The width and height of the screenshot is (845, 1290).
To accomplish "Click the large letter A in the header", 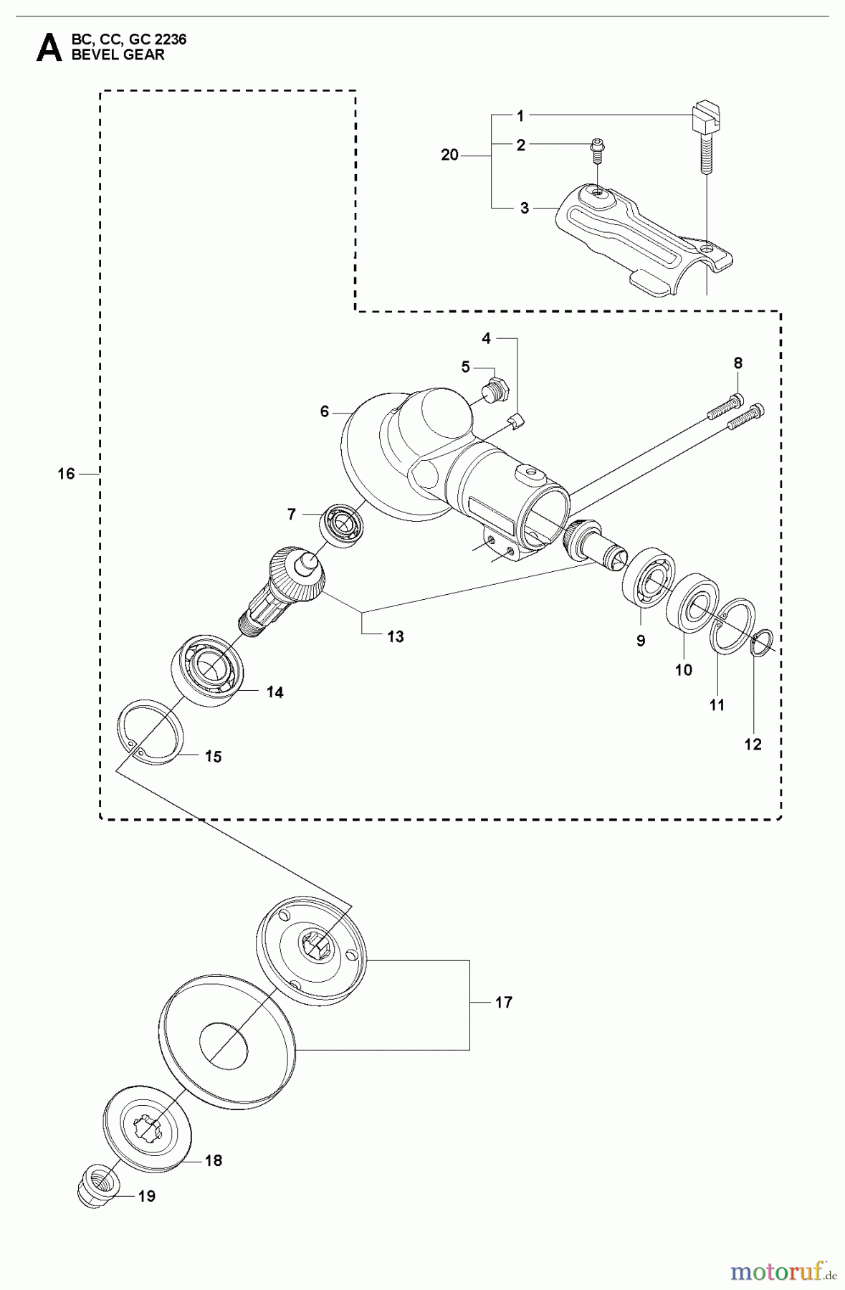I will (x=49, y=48).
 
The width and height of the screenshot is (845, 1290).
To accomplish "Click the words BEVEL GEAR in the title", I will (x=118, y=54).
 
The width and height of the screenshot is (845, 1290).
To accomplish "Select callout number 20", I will (x=449, y=155).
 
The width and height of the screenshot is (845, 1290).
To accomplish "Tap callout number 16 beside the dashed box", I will (x=66, y=474).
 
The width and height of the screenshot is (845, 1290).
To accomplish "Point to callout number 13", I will (x=395, y=636).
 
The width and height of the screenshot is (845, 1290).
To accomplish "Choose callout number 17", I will (x=504, y=1002).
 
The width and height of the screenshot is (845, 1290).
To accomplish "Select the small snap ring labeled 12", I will (x=760, y=641).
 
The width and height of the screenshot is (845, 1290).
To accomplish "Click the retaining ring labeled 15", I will (x=151, y=735).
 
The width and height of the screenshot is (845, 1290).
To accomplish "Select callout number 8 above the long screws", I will (x=738, y=363).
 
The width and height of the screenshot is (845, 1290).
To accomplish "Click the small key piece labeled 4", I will (x=516, y=421).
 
